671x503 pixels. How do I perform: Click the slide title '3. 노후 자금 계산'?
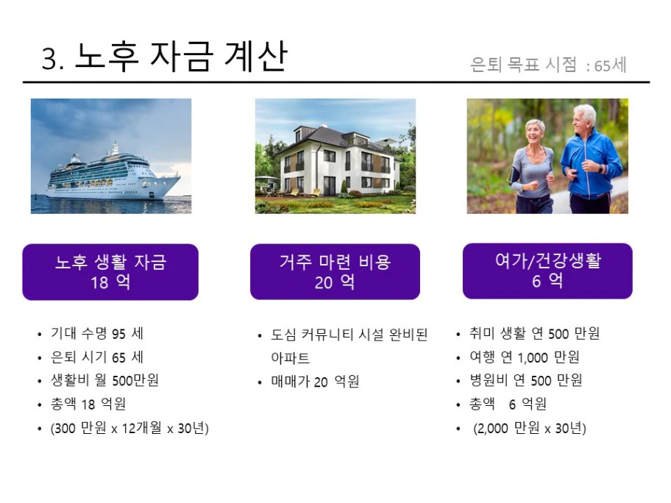pyautogui.click(x=164, y=57)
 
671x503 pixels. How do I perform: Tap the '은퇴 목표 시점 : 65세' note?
pyautogui.click(x=548, y=65)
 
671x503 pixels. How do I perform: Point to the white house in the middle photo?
pyautogui.click(x=338, y=160)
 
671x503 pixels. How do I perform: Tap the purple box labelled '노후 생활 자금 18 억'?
pyautogui.click(x=110, y=272)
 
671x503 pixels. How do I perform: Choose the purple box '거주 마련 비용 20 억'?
pyautogui.click(x=335, y=271)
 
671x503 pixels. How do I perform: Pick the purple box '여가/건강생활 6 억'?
pyautogui.click(x=547, y=271)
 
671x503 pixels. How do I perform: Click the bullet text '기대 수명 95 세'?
pyautogui.click(x=97, y=333)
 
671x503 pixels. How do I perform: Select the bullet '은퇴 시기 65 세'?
pyautogui.click(x=97, y=357)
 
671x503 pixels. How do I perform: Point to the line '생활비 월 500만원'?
pyautogui.click(x=104, y=379)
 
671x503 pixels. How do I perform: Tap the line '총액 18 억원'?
pyautogui.click(x=88, y=403)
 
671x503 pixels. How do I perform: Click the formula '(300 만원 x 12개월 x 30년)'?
pyautogui.click(x=129, y=428)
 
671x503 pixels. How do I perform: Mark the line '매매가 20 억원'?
pyautogui.click(x=315, y=381)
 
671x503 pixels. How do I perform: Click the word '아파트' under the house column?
pyautogui.click(x=290, y=357)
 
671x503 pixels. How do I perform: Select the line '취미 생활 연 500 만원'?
pyautogui.click(x=534, y=333)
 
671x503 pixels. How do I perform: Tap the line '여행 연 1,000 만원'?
pyautogui.click(x=525, y=357)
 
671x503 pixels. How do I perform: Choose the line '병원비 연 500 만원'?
pyautogui.click(x=526, y=379)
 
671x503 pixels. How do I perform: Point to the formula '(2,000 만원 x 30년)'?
pyautogui.click(x=530, y=428)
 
